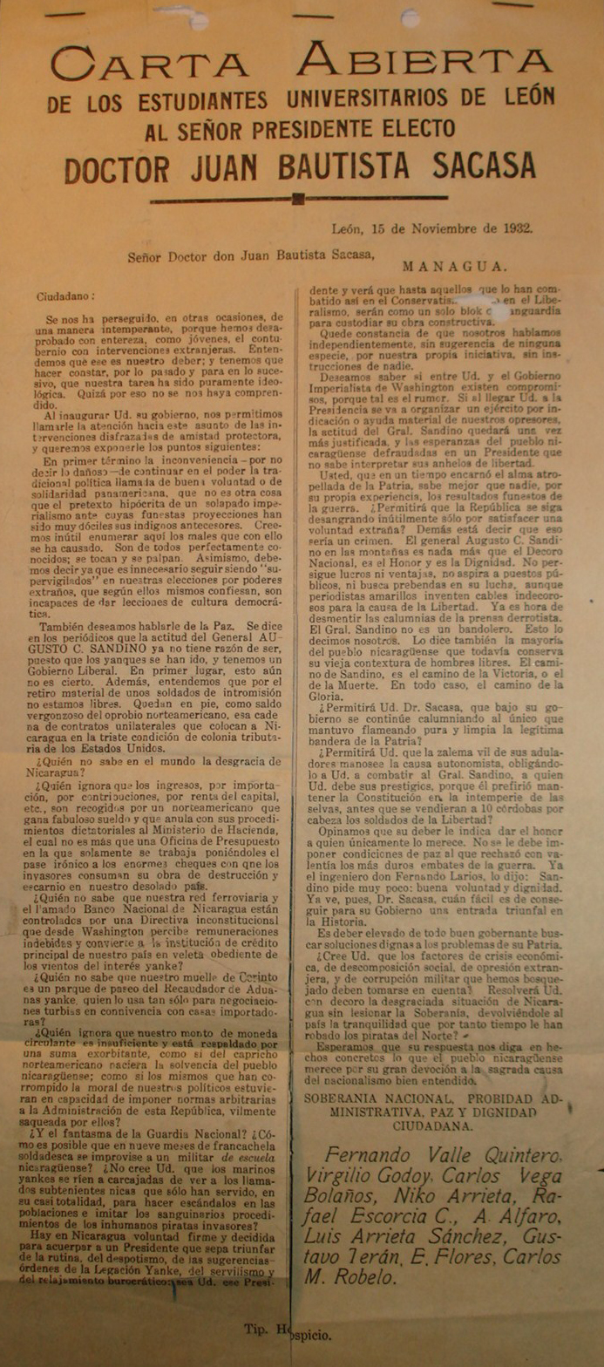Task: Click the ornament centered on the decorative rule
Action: click(299, 199)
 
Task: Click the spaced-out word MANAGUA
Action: click(453, 265)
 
